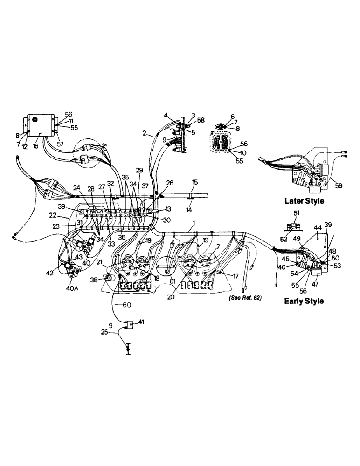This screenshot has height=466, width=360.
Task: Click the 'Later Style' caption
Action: click(304, 202)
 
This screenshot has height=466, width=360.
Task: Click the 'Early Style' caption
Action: click(304, 301)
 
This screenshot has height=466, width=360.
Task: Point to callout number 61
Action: click(173, 281)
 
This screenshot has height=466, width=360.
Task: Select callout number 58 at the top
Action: click(201, 121)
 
